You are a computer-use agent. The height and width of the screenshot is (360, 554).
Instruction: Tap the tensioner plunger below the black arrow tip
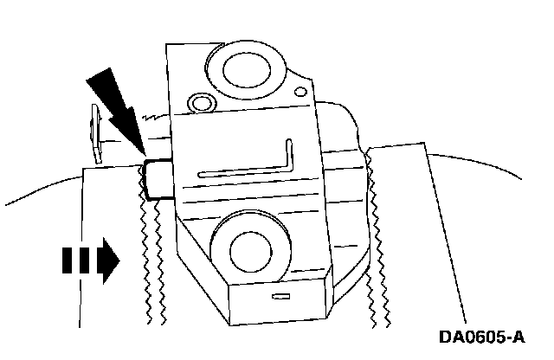(x=157, y=178)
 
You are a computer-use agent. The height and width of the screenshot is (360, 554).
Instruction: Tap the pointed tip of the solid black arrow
(x=138, y=154)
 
